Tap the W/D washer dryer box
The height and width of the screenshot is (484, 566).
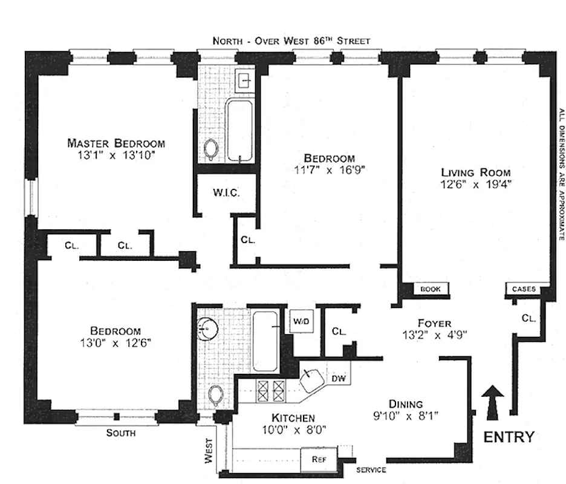coord(301,321)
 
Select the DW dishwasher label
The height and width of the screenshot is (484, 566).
coord(337,379)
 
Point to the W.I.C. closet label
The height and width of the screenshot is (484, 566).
coord(226,193)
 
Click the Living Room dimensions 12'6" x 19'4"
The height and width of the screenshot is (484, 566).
coord(475,185)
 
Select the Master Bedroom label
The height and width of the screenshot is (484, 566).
coord(115,143)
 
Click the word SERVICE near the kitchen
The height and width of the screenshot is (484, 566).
coord(371,470)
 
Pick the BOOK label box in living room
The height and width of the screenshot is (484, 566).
coord(431,289)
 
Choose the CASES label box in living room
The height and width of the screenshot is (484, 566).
coord(524,289)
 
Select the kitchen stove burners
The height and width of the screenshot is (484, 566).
coord(270,387)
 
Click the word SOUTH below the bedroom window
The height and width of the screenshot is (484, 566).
coord(120,433)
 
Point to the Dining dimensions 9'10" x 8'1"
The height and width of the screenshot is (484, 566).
coord(405,416)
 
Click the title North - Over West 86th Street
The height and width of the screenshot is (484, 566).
coord(291,41)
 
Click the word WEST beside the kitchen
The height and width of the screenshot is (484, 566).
coord(209,451)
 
